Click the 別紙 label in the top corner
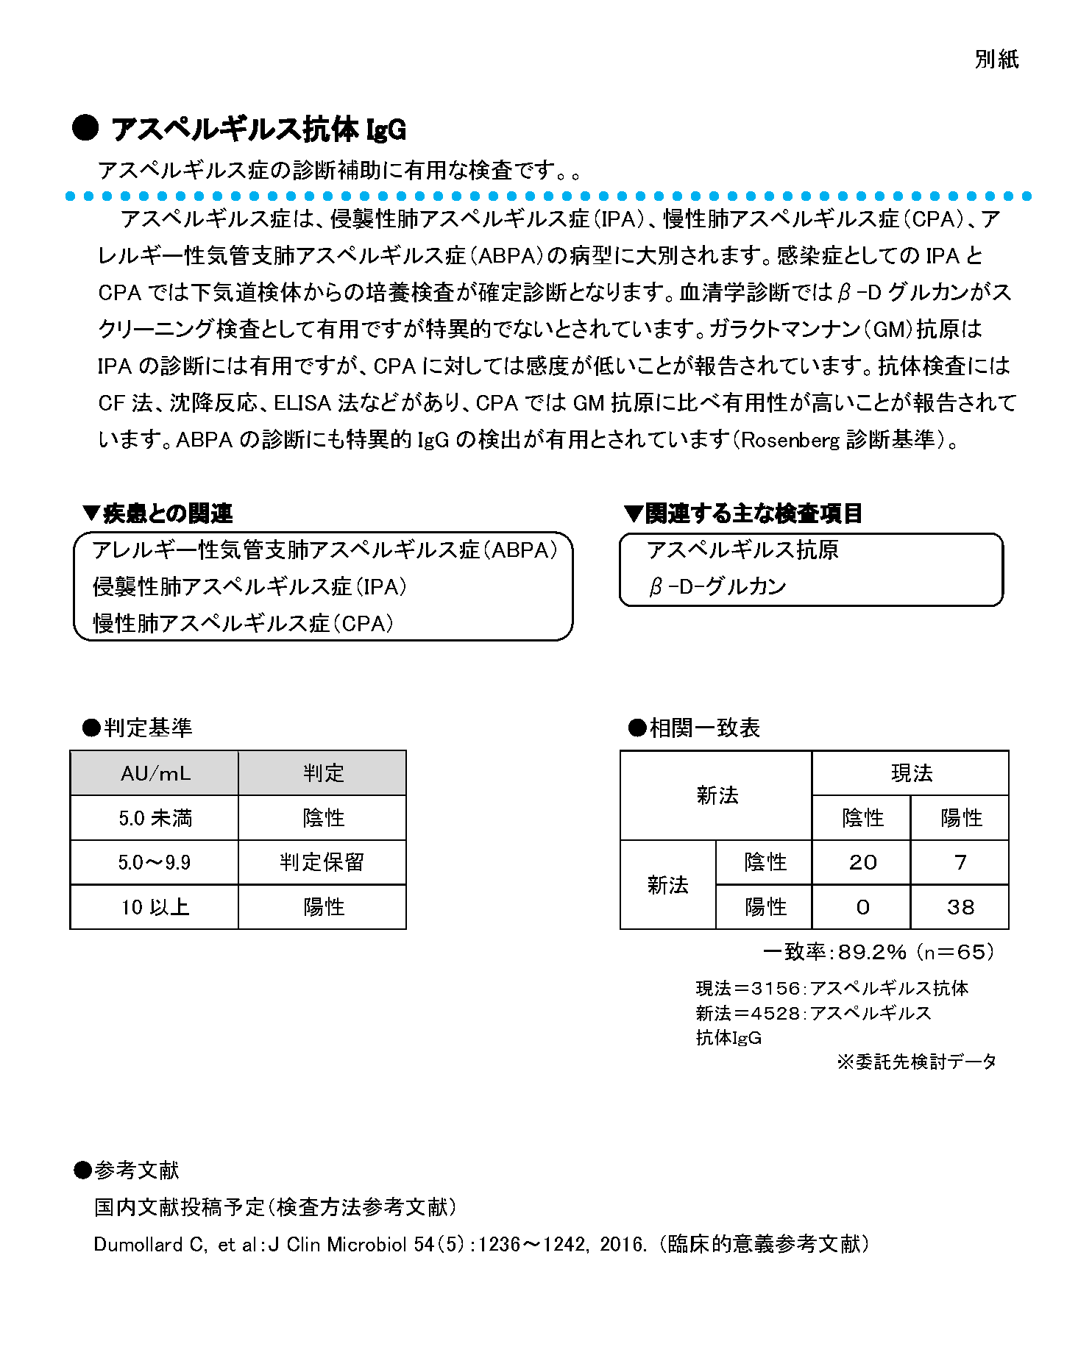[996, 60]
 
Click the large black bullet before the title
[85, 128]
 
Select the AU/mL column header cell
[155, 773]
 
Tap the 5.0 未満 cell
[155, 818]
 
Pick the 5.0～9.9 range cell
[155, 862]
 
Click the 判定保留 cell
[322, 862]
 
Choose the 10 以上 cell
[155, 907]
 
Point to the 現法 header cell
[911, 773]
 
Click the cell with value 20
[862, 862]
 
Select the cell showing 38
[960, 907]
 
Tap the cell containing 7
[960, 862]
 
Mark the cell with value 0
[862, 907]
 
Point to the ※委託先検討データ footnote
[917, 1062]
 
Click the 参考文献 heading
[136, 1170]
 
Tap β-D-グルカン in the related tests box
[717, 586]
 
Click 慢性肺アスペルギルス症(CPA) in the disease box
[244, 623]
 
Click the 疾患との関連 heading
[168, 513]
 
